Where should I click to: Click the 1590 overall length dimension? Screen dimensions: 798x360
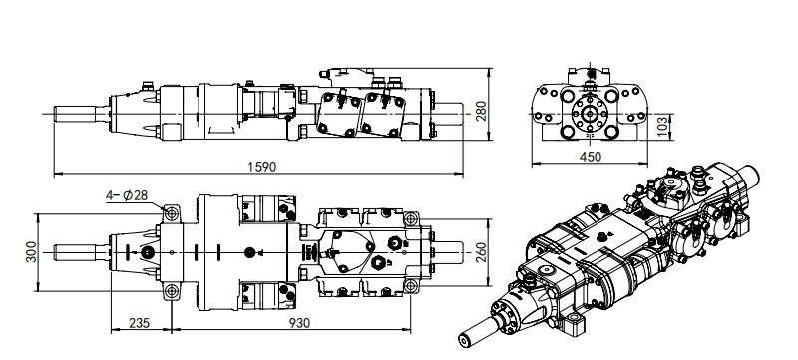pyautogui.click(x=261, y=167)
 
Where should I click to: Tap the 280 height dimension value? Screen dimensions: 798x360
pyautogui.click(x=481, y=111)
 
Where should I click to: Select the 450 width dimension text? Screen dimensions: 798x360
pyautogui.click(x=591, y=157)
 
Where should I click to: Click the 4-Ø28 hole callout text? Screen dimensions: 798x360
pyautogui.click(x=127, y=195)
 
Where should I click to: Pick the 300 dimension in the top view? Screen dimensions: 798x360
pyautogui.click(x=32, y=252)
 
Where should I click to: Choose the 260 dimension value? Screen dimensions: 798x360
pyautogui.click(x=481, y=252)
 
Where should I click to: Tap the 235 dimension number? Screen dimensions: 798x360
pyautogui.click(x=139, y=323)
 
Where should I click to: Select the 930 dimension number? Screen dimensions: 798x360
pyautogui.click(x=299, y=323)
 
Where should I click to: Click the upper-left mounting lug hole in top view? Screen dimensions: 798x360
pyautogui.click(x=172, y=213)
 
